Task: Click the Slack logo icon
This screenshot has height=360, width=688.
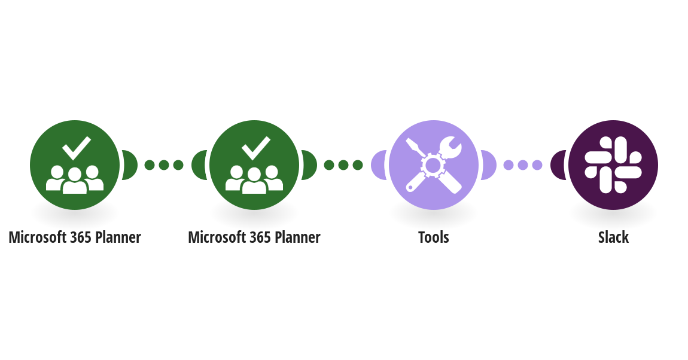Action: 613,165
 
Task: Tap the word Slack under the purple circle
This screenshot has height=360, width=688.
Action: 613,237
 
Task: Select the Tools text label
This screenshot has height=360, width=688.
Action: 434,237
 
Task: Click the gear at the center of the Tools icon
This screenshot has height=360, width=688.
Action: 433,165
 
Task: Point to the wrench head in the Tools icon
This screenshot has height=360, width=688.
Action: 450,147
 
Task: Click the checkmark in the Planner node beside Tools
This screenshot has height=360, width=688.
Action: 256,148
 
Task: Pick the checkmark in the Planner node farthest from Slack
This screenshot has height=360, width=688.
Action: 77,148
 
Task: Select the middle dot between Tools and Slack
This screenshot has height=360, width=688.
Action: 523,165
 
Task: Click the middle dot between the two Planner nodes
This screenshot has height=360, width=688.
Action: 164,165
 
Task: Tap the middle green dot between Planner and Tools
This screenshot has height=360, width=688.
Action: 343,165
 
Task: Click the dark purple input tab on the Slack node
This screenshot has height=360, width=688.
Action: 558,165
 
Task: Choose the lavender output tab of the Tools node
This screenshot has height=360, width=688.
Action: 488,165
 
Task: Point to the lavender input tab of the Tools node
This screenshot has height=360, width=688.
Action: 378,165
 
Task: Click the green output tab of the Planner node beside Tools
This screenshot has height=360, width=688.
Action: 309,165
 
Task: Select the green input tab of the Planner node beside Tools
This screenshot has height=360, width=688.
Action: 199,165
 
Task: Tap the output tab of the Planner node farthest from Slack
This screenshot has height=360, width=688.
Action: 129,165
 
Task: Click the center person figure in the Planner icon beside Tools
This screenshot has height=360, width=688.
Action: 254,181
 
